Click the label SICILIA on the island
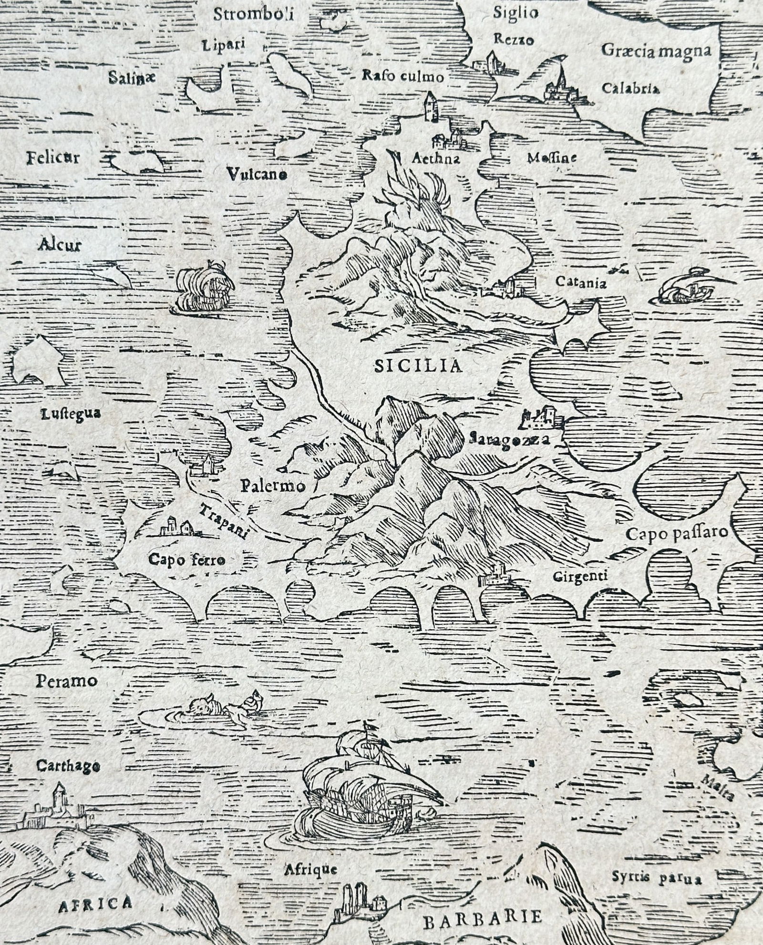pos(418,366)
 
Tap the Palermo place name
pos(272,486)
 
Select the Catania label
pos(581,282)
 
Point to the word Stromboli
pos(253,14)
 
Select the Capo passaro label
pos(676,533)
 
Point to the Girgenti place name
pos(580,576)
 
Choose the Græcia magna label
pos(656,51)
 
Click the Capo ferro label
pos(186,560)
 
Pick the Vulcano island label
pos(257,174)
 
